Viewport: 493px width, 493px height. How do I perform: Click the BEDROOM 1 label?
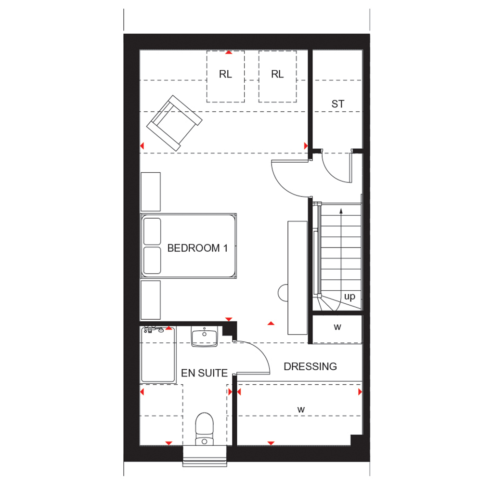(x=197, y=248)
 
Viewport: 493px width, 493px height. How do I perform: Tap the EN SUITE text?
(x=204, y=373)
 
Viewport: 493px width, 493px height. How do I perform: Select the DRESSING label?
(x=310, y=366)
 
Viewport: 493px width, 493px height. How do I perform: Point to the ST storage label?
(x=337, y=104)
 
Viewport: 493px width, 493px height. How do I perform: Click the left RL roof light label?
(x=225, y=74)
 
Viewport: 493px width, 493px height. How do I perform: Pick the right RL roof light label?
(x=277, y=74)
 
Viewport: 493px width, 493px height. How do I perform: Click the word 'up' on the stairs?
(x=350, y=297)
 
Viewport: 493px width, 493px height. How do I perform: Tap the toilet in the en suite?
(x=204, y=429)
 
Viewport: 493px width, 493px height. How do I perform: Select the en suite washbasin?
(x=204, y=336)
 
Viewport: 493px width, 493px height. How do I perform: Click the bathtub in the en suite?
(x=158, y=355)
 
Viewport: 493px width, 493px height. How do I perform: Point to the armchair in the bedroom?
(x=174, y=123)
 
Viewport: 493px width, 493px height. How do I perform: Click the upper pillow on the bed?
(x=152, y=232)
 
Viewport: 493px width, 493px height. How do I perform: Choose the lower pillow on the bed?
(x=152, y=260)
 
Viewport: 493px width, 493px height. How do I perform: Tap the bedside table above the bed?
(x=151, y=192)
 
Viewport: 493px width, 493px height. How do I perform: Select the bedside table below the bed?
(x=151, y=300)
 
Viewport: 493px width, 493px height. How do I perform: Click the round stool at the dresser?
(x=282, y=293)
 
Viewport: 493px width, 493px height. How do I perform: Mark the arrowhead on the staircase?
(x=341, y=211)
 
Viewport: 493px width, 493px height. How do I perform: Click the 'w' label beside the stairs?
(x=337, y=327)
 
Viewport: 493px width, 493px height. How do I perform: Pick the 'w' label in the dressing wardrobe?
(x=301, y=409)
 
